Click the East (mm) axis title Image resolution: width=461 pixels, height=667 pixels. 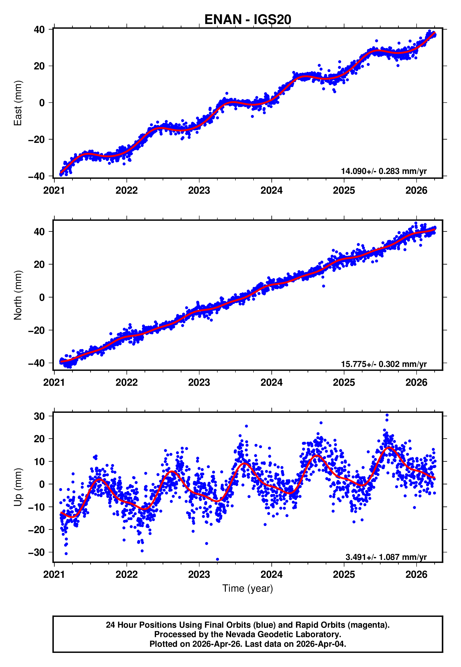[18, 103]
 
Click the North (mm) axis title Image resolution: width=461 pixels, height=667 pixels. [18, 295]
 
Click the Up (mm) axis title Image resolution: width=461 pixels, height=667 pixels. [18, 487]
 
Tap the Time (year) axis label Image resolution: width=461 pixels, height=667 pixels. [248, 588]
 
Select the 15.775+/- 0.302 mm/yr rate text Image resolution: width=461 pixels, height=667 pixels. [384, 364]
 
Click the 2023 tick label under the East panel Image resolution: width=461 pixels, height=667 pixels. [199, 191]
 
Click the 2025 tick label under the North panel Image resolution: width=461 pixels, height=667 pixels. [344, 382]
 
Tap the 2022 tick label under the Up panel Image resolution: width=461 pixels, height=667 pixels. [126, 575]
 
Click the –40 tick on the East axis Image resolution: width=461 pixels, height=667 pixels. [36, 176]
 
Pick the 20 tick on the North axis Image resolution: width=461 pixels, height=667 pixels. [39, 264]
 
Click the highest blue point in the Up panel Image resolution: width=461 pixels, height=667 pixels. [387, 415]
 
